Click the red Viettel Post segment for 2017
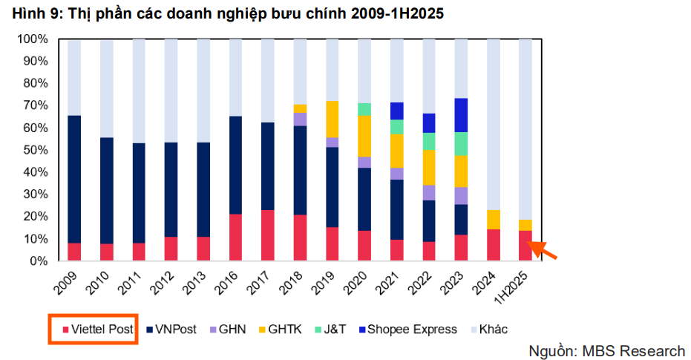tap(268, 235)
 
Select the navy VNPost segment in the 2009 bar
tap(74, 179)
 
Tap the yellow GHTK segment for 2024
tap(493, 220)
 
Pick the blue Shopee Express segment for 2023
tap(461, 115)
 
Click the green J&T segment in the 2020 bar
tap(364, 109)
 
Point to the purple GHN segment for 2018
tap(300, 120)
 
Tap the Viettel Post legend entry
tap(93, 329)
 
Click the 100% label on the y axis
tap(33, 39)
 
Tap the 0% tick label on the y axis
tap(39, 261)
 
